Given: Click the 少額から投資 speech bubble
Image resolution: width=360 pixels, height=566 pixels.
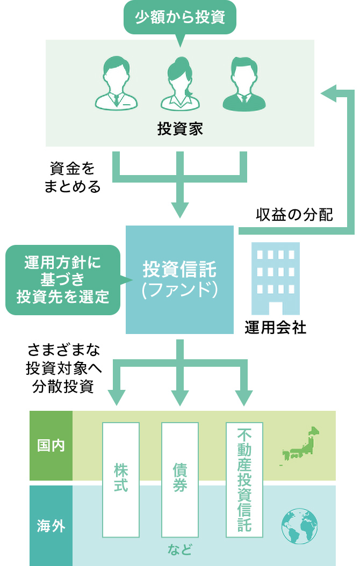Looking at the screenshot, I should (179, 17).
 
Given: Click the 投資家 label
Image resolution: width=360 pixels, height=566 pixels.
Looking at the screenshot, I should (180, 129).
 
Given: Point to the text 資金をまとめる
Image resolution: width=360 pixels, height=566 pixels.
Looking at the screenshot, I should (72, 178).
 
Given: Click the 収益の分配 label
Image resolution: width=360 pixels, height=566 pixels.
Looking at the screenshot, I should (294, 215).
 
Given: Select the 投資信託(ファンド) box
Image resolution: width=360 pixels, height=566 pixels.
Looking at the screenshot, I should (179, 279).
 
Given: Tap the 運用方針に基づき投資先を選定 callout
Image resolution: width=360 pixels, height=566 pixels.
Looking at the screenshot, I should (63, 280).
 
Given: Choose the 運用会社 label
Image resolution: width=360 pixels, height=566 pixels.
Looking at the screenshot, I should (276, 328).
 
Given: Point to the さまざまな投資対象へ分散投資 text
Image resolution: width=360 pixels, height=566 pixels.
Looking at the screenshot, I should (63, 369).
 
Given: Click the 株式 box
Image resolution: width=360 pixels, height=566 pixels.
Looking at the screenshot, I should (121, 480).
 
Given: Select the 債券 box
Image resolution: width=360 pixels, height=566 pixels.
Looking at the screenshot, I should (180, 480).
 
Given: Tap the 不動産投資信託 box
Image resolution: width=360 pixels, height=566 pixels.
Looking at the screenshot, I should (244, 480).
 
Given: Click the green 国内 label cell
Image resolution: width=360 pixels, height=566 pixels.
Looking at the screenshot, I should (51, 446).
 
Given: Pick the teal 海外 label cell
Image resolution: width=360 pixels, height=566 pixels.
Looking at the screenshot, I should (51, 525).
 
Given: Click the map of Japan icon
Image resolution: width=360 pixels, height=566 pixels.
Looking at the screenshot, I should (301, 446).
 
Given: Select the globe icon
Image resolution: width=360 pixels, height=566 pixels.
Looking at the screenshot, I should (299, 525).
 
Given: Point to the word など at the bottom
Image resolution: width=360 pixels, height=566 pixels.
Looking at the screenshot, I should (179, 550).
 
